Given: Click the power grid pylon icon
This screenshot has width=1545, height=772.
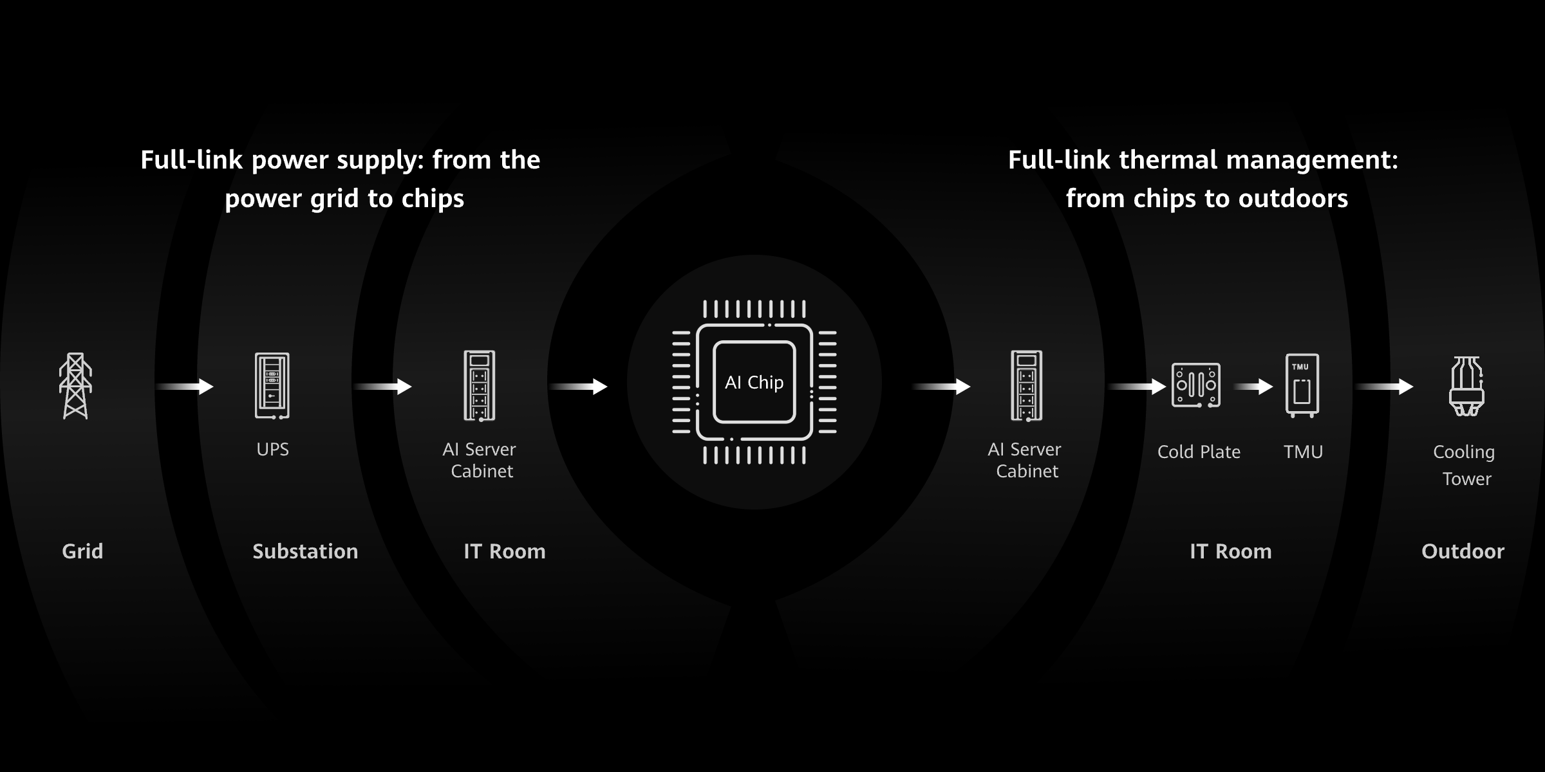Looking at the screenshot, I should (x=75, y=386).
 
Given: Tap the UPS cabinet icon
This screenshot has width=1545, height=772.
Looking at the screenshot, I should (x=272, y=386).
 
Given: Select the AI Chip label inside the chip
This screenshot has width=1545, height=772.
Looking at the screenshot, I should (x=754, y=382).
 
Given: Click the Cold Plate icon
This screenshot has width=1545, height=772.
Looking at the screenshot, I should (x=1196, y=385).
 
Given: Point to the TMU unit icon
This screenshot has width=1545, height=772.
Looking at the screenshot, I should (x=1302, y=385).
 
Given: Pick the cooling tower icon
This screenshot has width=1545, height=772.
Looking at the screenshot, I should (x=1466, y=386).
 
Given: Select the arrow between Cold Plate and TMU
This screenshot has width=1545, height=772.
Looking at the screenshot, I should (x=1253, y=387).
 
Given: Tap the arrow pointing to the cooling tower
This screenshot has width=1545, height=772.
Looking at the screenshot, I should (x=1385, y=387).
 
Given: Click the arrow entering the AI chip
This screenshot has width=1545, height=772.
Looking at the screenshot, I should (x=579, y=387).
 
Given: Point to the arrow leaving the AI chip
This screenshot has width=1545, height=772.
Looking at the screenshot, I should (x=942, y=387).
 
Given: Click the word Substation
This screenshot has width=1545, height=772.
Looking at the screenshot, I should (x=305, y=551).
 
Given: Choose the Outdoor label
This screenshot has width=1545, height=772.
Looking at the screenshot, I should (x=1463, y=551).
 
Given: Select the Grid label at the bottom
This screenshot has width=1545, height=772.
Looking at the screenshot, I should (x=82, y=551).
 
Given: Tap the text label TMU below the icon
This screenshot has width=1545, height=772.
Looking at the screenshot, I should (x=1303, y=452).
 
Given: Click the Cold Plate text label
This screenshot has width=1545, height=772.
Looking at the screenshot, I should (x=1199, y=452).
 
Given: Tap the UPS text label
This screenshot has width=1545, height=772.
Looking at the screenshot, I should (x=272, y=449).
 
